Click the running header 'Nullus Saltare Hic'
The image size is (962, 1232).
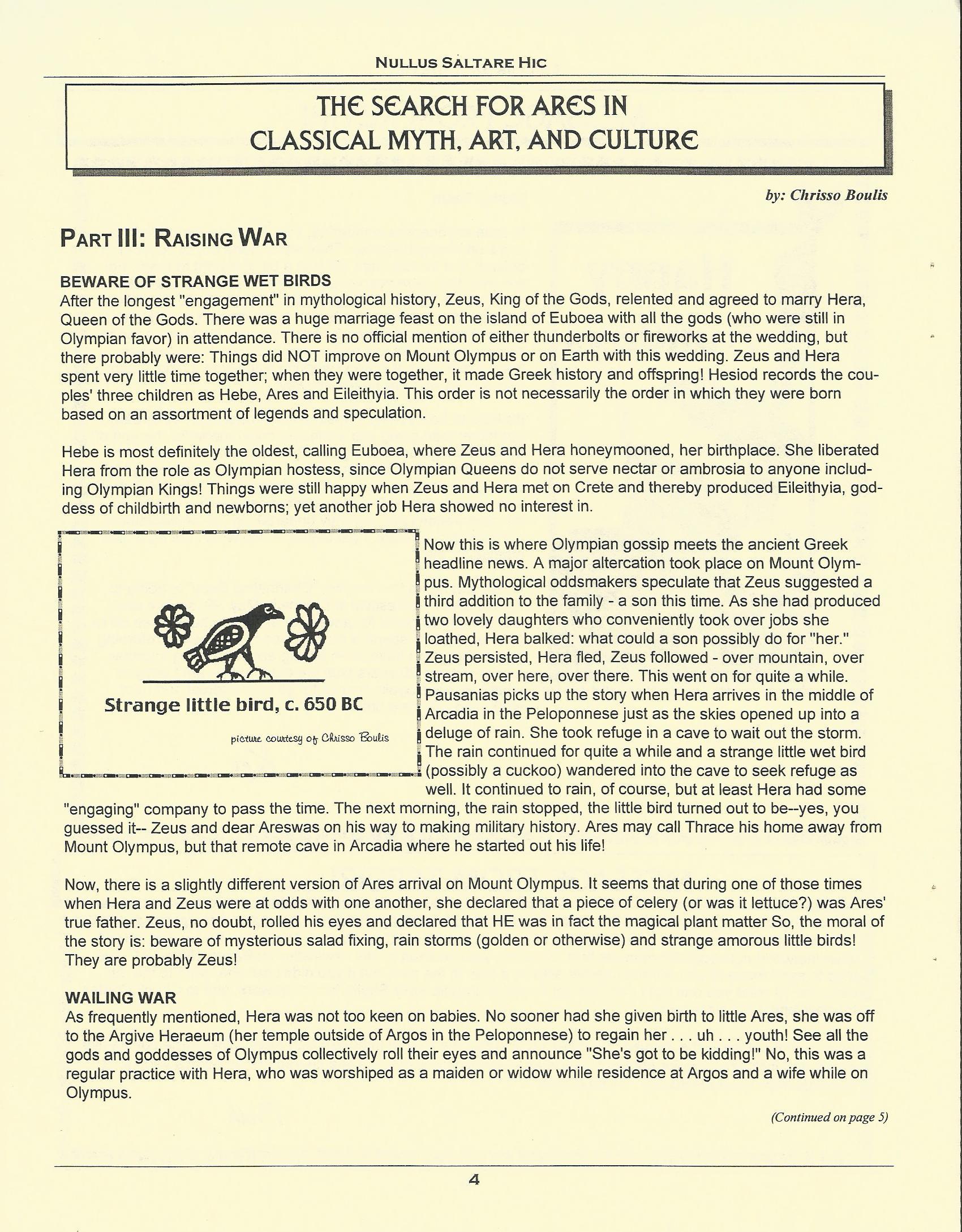(461, 63)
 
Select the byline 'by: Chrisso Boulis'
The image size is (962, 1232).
(826, 195)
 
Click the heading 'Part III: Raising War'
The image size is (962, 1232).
(174, 238)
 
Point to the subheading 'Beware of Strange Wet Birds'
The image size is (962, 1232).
(195, 281)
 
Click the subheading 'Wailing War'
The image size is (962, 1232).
(121, 998)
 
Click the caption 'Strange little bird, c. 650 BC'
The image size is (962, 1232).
(233, 705)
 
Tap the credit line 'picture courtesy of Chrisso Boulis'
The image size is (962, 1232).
(310, 738)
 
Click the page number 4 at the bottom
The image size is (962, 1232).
(474, 1180)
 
